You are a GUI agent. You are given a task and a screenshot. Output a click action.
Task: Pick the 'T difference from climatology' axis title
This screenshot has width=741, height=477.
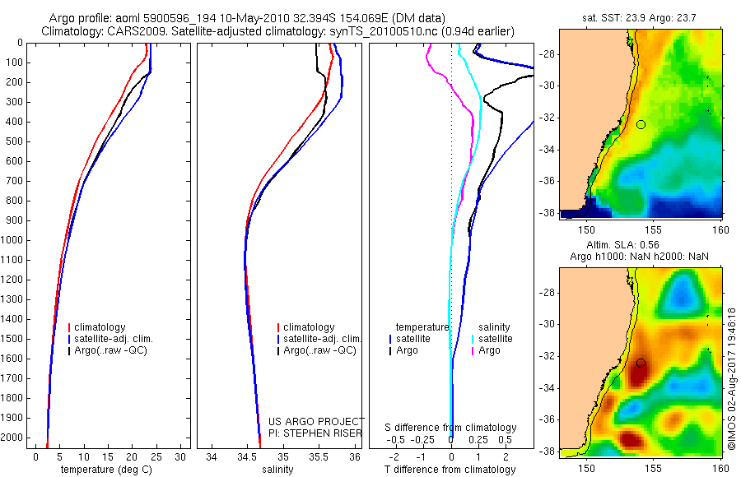click(x=450, y=470)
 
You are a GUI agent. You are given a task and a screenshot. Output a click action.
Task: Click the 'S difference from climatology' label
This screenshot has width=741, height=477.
click(x=450, y=428)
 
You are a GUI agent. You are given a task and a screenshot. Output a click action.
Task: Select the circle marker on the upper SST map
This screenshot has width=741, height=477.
click(x=641, y=124)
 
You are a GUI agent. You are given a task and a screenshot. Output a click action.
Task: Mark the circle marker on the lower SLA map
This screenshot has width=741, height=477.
click(x=641, y=363)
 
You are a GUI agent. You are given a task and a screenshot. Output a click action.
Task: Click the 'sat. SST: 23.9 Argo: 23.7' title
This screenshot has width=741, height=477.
click(x=640, y=16)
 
